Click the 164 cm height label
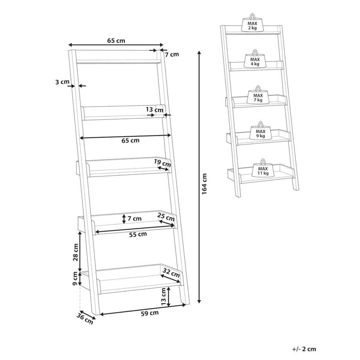tap(204, 184)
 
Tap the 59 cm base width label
tap(150, 313)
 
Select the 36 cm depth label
tap(85, 319)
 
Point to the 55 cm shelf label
tap(138, 234)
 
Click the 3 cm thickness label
tap(62, 82)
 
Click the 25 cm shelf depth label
tap(166, 217)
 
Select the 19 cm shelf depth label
tap(162, 163)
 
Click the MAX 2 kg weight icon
tap(252, 23)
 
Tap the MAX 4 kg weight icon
tap(255, 59)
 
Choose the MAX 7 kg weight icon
tap(258, 95)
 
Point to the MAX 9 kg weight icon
tap(261, 131)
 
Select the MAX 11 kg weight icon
tap(263, 168)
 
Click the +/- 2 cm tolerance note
tap(304, 349)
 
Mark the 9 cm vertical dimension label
tap(75, 279)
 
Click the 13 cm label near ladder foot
tap(163, 296)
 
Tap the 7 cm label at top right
tap(172, 54)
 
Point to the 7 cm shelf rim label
tap(135, 218)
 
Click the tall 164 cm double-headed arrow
tap(199, 177)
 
